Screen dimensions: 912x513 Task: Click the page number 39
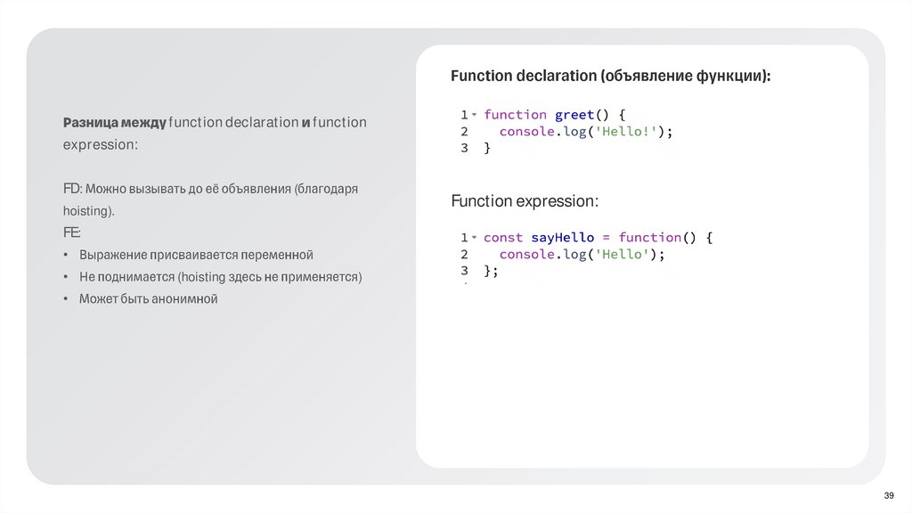tap(888, 495)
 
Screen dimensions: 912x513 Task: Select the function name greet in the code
tap(574, 115)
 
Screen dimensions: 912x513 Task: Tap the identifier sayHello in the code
tap(562, 238)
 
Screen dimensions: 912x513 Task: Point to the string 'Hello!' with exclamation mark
tap(635, 132)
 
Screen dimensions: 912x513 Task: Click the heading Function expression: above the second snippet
tap(525, 201)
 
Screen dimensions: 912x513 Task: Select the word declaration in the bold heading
tap(557, 77)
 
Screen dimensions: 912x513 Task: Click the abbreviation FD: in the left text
tap(72, 190)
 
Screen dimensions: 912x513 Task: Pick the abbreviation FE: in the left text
tap(71, 233)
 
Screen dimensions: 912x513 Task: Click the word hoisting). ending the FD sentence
tap(89, 212)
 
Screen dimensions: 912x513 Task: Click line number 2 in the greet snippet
tap(464, 132)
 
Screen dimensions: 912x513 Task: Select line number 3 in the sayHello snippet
tap(464, 271)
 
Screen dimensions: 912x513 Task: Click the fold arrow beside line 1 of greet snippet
tap(475, 115)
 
